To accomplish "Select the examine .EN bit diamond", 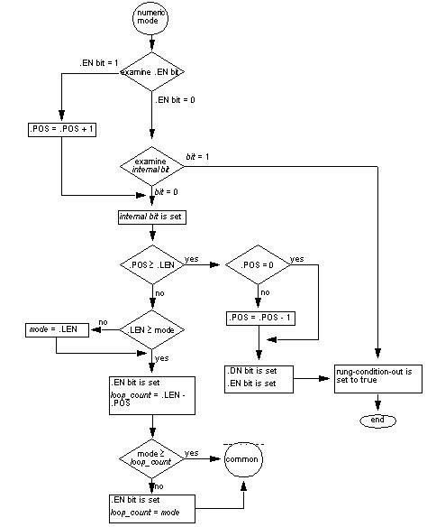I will pos(151,71).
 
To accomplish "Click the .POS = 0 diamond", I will pos(258,265).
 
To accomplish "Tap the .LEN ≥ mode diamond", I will pos(151,329).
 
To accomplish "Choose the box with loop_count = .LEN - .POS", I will pos(151,394).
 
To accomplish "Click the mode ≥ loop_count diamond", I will pos(151,459).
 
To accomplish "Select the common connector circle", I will pos(242,459).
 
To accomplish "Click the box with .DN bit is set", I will pos(258,377).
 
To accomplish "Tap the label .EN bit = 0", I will pos(176,98).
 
